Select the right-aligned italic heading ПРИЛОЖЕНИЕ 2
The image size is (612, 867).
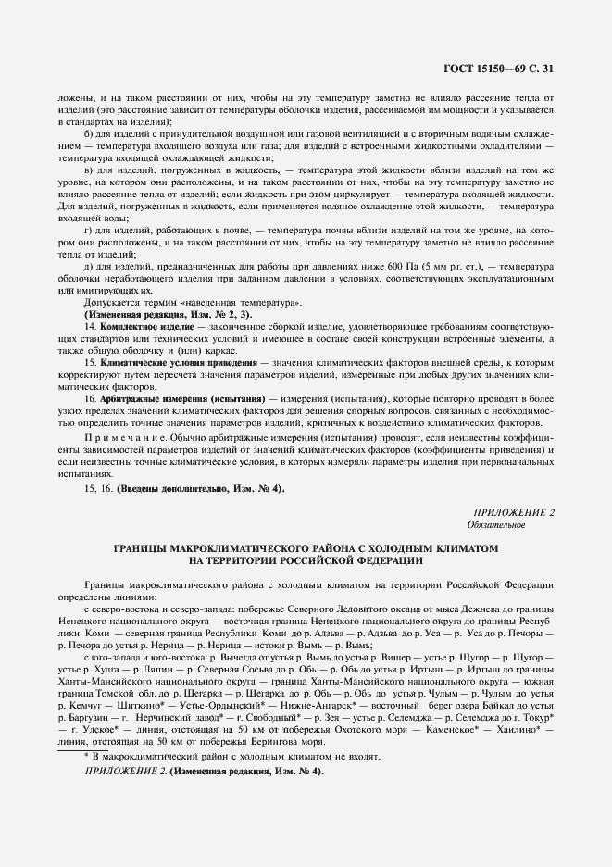coord(514,511)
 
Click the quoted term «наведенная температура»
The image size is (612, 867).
coord(244,303)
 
